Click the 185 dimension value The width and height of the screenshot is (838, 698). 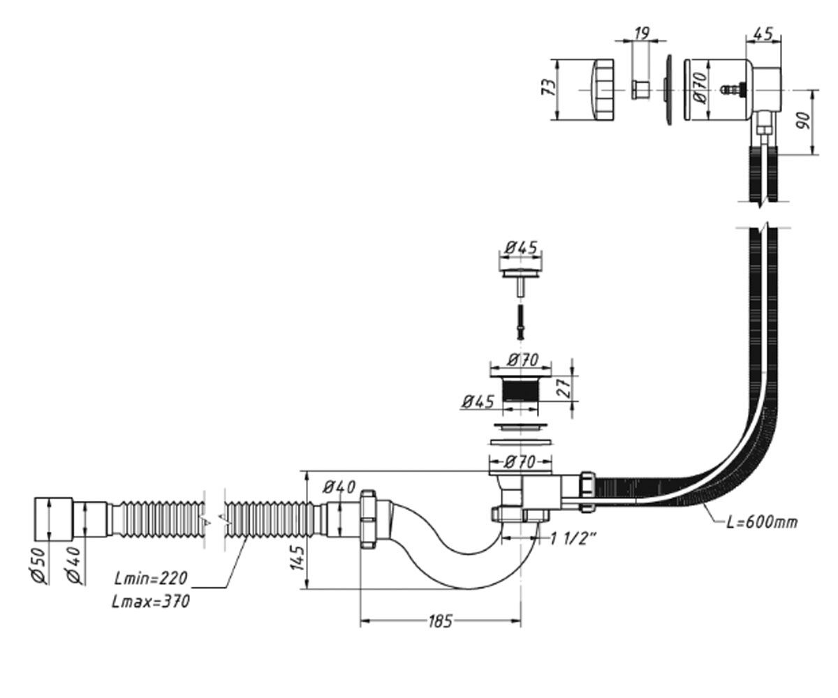(x=440, y=621)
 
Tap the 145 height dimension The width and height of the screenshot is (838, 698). (x=297, y=558)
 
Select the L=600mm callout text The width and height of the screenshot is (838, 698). (x=762, y=522)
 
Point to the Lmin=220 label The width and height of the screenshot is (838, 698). (x=151, y=579)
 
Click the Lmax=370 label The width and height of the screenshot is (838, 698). (x=151, y=602)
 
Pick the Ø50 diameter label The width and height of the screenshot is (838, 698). (x=39, y=565)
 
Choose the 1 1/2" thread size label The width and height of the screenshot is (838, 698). (x=573, y=539)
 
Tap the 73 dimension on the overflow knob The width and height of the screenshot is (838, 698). (x=549, y=87)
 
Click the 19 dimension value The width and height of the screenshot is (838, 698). (x=642, y=34)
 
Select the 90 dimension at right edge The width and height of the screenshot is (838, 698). (x=803, y=121)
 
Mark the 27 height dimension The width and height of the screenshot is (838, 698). (x=564, y=388)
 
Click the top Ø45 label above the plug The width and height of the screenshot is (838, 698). (x=520, y=248)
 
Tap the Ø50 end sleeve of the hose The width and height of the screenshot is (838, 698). (x=53, y=519)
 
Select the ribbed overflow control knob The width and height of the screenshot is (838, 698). (x=603, y=89)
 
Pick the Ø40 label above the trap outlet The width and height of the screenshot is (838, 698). (x=339, y=487)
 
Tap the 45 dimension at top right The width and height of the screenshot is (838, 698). (x=763, y=34)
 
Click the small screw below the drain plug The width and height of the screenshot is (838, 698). (x=520, y=322)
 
